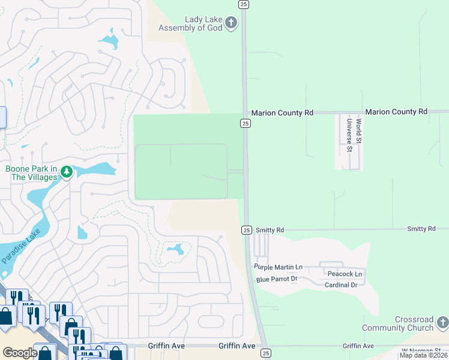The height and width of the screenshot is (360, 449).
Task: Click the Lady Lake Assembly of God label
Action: pos(190,23)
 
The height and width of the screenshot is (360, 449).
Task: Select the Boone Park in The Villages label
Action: pos(31,173)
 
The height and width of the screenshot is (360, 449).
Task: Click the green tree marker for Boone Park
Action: pos(66,173)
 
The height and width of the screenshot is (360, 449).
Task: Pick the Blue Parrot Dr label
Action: pos(277,279)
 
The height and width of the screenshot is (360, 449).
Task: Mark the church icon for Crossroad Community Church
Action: pos(443,323)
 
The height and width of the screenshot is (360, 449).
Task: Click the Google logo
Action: pos(20,352)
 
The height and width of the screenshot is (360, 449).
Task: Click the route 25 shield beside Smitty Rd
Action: pos(246,230)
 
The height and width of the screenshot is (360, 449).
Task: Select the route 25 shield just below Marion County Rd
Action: pos(246,123)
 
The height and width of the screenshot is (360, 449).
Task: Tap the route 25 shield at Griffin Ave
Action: pos(266,353)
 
